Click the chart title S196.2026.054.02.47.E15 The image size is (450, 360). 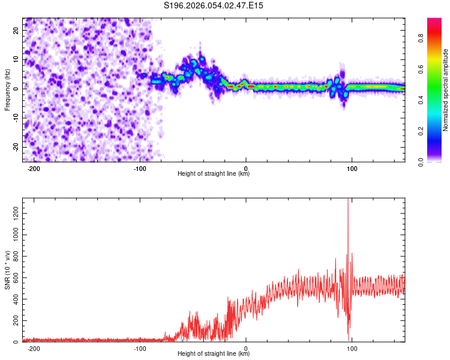point(214,5)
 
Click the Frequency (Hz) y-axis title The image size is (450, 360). point(7,89)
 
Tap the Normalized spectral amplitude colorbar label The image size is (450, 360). point(446,90)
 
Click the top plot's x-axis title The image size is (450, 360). point(214,174)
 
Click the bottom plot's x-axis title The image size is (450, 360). point(214,354)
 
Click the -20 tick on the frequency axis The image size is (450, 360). point(15,147)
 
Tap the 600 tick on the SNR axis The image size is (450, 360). point(14,277)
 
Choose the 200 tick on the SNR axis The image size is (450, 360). point(14,320)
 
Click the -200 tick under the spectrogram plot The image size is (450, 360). point(34,169)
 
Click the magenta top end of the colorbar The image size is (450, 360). point(434,20)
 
